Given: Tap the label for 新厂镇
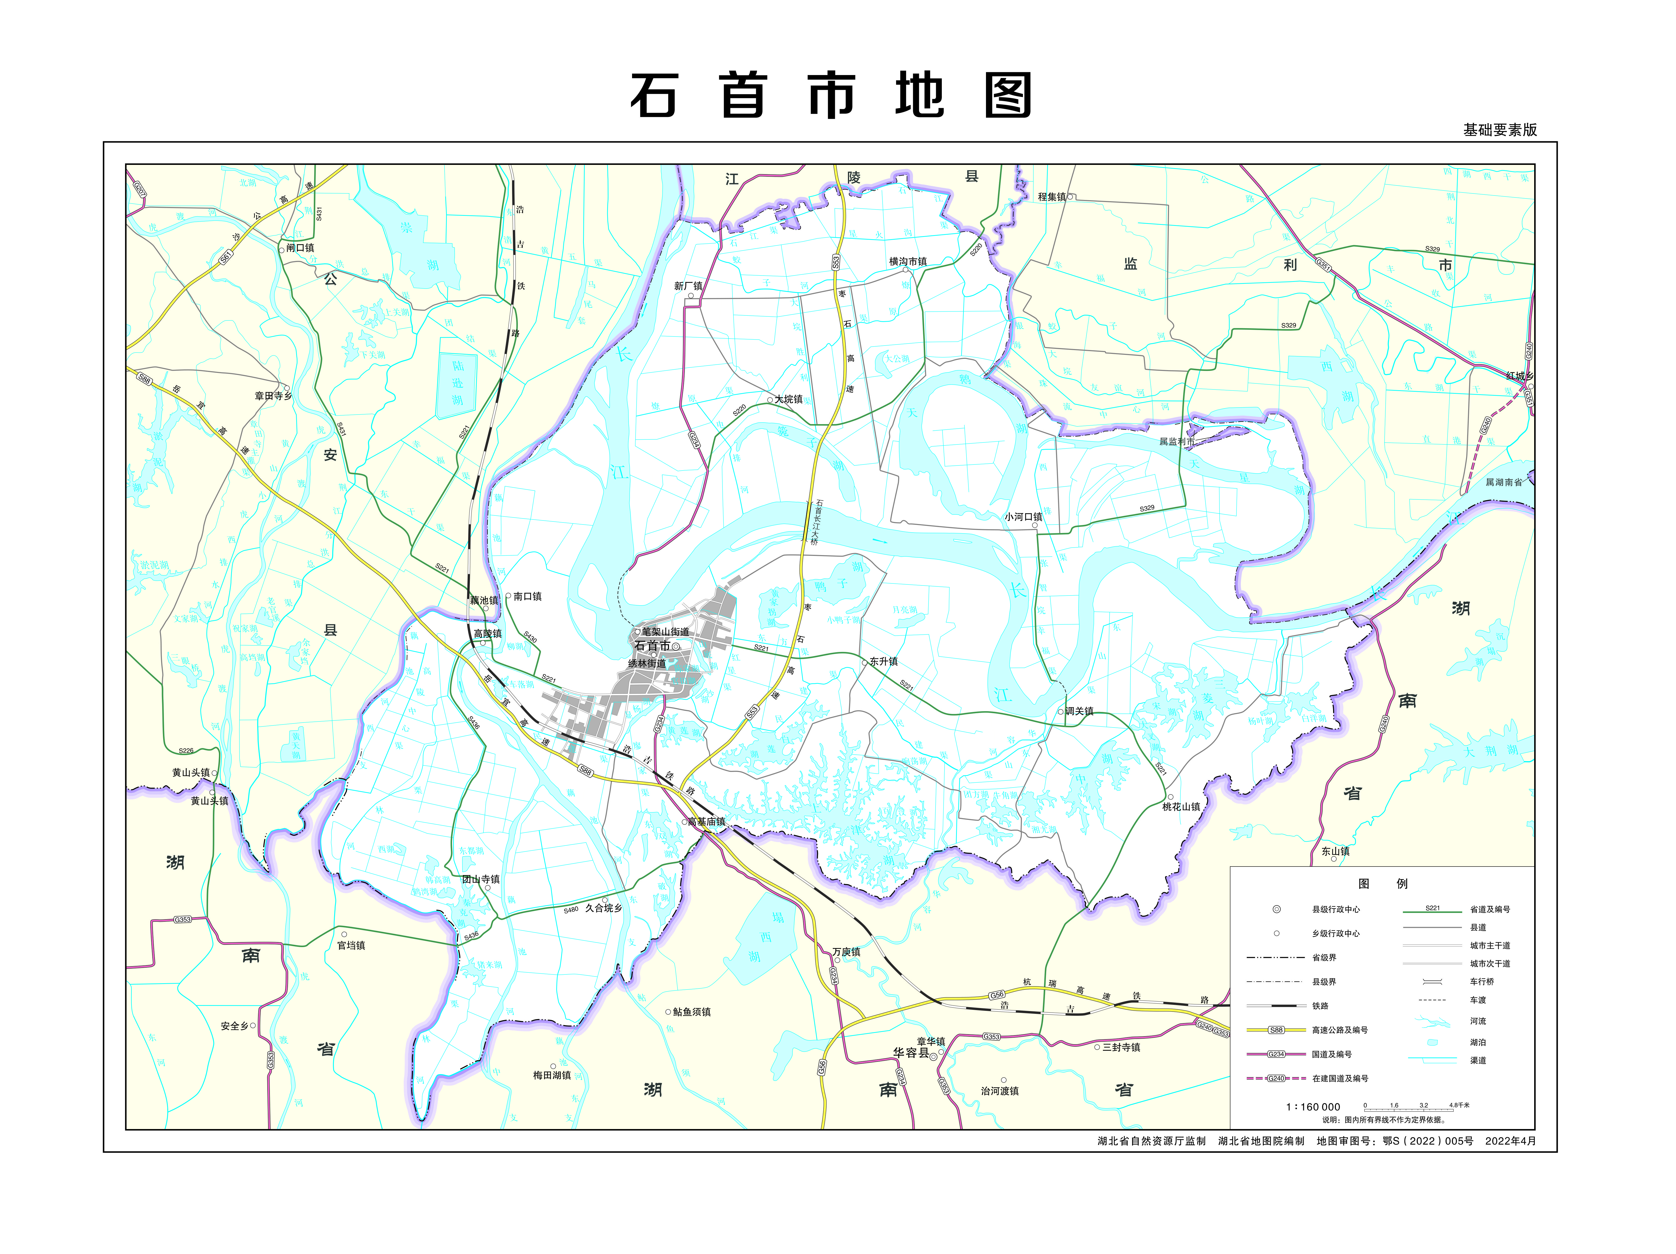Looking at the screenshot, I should [x=688, y=286].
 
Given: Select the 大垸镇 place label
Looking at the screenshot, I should [x=788, y=399].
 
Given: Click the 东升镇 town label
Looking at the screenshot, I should [x=884, y=662].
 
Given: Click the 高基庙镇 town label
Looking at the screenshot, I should [x=706, y=821].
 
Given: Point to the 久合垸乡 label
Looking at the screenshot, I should [x=603, y=908].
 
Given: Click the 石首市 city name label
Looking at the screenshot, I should [x=652, y=645].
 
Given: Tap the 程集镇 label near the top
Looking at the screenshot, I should [x=1052, y=197].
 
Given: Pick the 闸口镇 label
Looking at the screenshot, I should [x=300, y=248].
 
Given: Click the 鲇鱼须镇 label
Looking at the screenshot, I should [x=692, y=1012].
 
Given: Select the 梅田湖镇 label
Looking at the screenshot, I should [x=551, y=1075].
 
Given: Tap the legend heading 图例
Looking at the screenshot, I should [x=1383, y=884].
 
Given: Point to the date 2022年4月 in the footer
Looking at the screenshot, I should [x=1510, y=1141].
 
